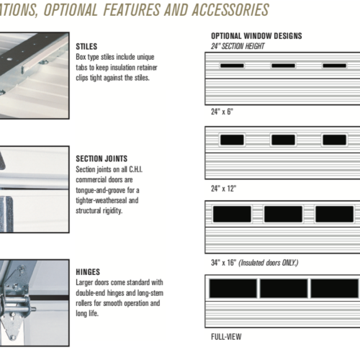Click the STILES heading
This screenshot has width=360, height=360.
pos(86,46)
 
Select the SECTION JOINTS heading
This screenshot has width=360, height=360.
pos(102,158)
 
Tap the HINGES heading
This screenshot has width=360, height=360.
pos(88,272)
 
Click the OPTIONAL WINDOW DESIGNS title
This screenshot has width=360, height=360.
pos(256,36)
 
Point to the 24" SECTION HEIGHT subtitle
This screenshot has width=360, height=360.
pos(238,46)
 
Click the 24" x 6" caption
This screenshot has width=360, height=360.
pos(222,112)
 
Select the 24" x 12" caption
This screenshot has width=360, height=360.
pos(224,189)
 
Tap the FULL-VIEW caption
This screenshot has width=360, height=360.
pos(226,337)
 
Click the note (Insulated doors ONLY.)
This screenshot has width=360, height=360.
pos(269,263)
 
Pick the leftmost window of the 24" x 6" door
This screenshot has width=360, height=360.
pos(232,66)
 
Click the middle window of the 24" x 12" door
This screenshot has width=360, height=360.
pos(283,140)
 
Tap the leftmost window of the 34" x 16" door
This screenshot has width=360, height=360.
pos(232,214)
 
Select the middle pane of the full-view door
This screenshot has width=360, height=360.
pos(284,288)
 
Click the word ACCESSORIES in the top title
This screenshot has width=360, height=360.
pos(230,10)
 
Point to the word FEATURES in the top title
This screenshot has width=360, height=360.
pos(132,10)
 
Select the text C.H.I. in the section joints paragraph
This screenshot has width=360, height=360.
pos(136,169)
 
